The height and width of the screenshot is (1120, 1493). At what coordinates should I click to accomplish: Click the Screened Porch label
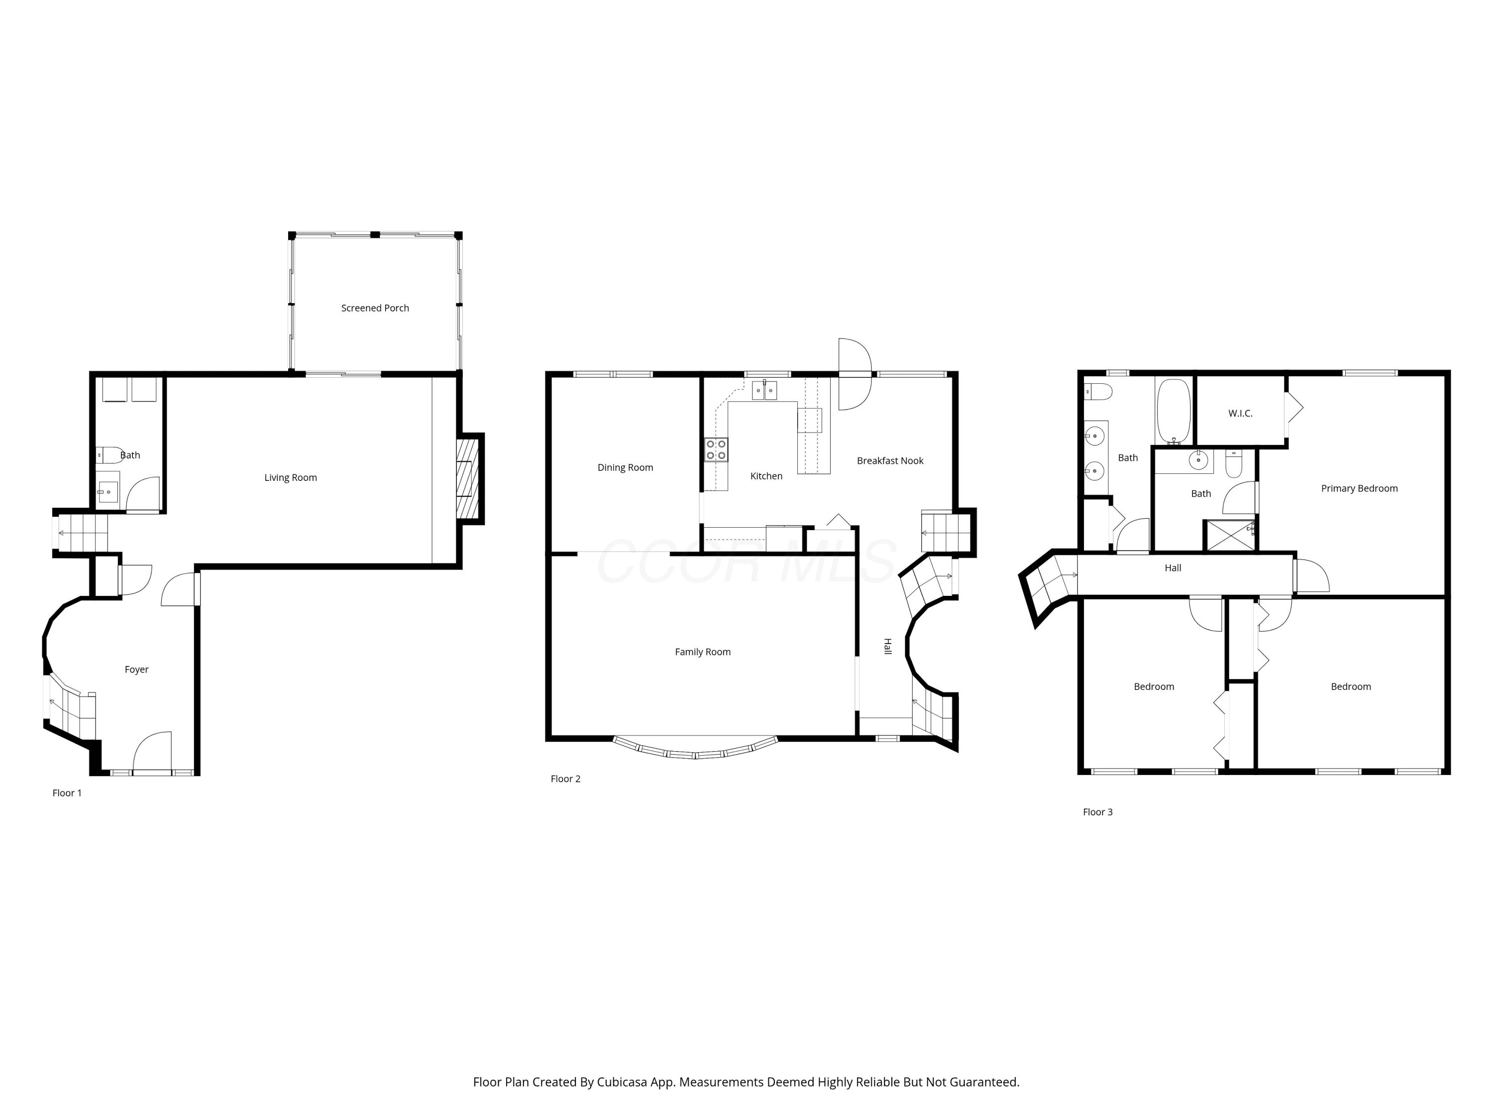[x=375, y=308]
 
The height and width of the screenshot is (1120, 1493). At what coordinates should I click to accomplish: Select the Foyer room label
[x=136, y=669]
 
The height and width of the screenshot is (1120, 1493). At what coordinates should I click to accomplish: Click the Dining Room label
[x=625, y=467]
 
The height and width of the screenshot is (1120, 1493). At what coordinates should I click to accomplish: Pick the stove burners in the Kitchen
[x=716, y=449]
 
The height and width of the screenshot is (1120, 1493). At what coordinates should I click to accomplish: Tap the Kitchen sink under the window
[x=765, y=390]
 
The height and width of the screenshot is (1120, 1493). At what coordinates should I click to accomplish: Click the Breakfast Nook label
[x=890, y=460]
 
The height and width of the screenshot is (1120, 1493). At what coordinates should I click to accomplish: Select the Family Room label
[x=703, y=652]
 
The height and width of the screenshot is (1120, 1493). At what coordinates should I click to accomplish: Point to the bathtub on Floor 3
[x=1173, y=411]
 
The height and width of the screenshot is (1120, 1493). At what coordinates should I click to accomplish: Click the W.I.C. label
[x=1241, y=413]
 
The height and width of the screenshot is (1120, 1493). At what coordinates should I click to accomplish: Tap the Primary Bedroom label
[x=1359, y=488]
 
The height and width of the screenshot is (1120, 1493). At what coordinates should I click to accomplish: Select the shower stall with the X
[x=1230, y=535]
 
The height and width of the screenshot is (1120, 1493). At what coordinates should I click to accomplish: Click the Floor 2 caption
[x=566, y=779]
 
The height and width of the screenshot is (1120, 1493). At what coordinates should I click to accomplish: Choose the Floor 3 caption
[x=1097, y=811]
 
